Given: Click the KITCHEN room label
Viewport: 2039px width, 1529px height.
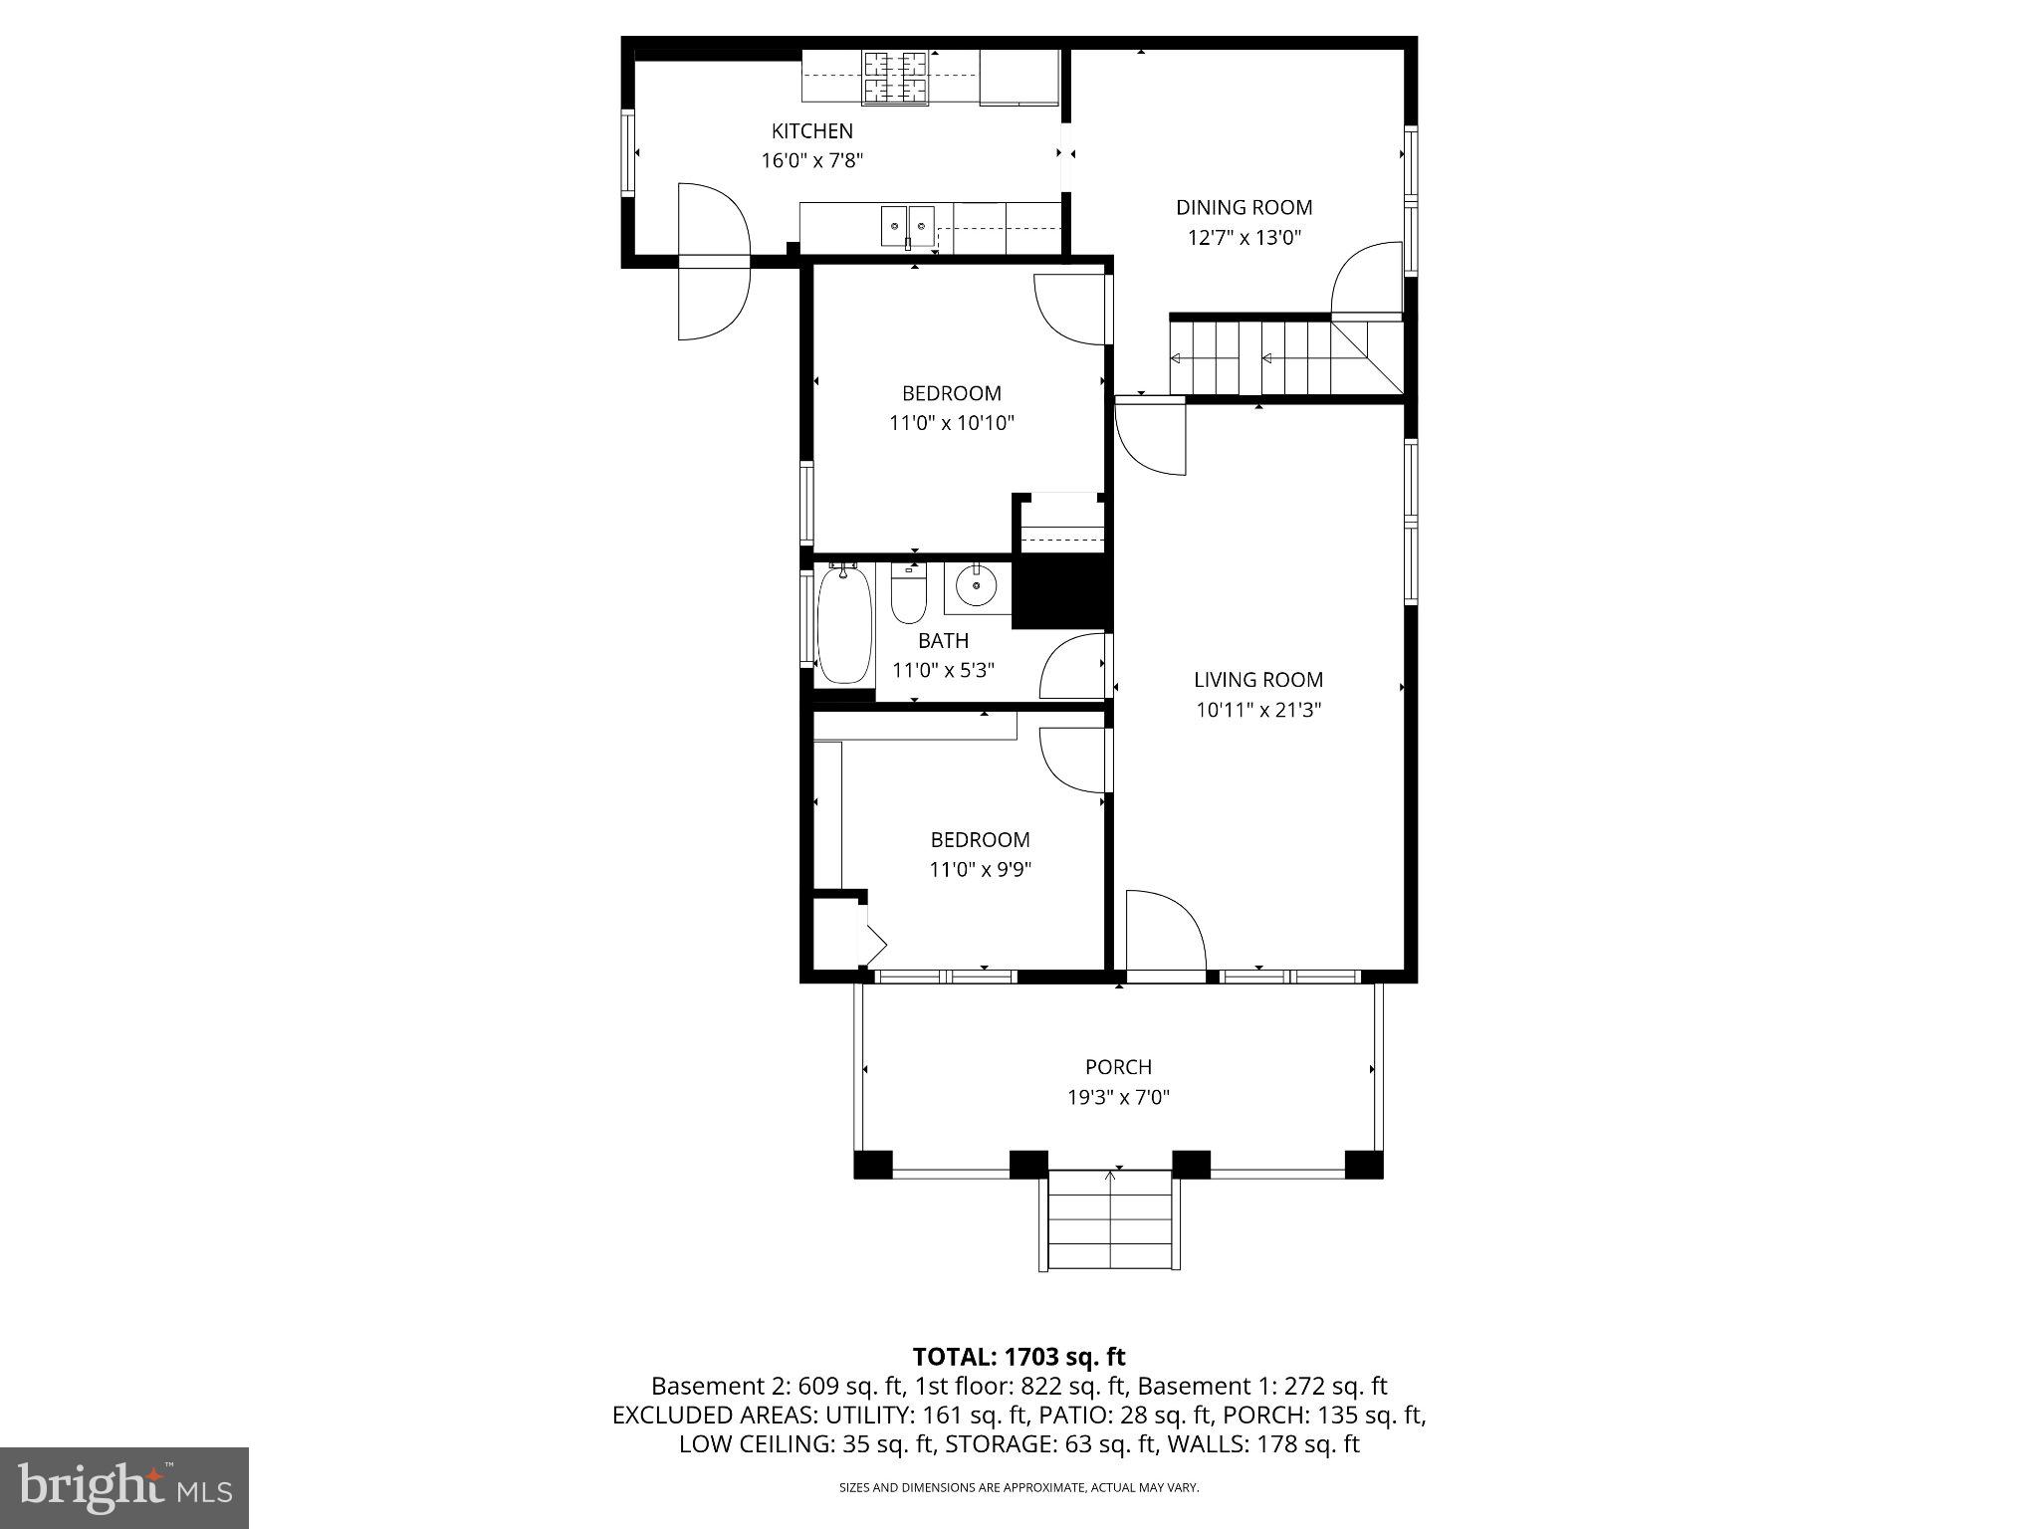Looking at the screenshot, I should click(811, 130).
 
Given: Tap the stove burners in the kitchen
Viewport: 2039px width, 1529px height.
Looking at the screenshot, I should click(895, 78).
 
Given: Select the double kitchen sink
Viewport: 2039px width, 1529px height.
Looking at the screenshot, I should click(907, 226).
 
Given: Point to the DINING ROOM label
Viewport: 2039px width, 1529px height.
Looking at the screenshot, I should click(1244, 207).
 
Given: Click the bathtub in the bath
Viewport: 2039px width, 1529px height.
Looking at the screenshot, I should click(844, 624).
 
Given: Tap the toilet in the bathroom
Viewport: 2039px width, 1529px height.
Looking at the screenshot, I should click(908, 593).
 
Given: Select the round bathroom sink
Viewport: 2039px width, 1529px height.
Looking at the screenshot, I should click(977, 586).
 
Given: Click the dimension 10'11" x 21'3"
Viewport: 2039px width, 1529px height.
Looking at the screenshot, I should click(1258, 710).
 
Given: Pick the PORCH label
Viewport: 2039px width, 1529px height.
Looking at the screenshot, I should click(1118, 1067).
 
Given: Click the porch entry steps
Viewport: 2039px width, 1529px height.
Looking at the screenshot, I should click(1110, 1221).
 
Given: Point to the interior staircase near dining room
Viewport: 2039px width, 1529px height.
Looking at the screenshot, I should click(1284, 358).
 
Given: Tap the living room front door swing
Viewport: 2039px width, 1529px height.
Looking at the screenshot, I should click(1165, 931).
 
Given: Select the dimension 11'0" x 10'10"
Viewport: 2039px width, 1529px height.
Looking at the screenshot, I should click(951, 423).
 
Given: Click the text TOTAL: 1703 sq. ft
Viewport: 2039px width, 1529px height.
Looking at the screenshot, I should click(1019, 1356).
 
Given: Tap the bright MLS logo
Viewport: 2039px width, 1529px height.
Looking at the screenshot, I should click(124, 1487).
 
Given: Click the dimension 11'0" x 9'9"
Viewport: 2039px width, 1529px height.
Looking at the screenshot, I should click(980, 869).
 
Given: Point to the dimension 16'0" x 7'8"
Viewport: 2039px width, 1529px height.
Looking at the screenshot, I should click(811, 160).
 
